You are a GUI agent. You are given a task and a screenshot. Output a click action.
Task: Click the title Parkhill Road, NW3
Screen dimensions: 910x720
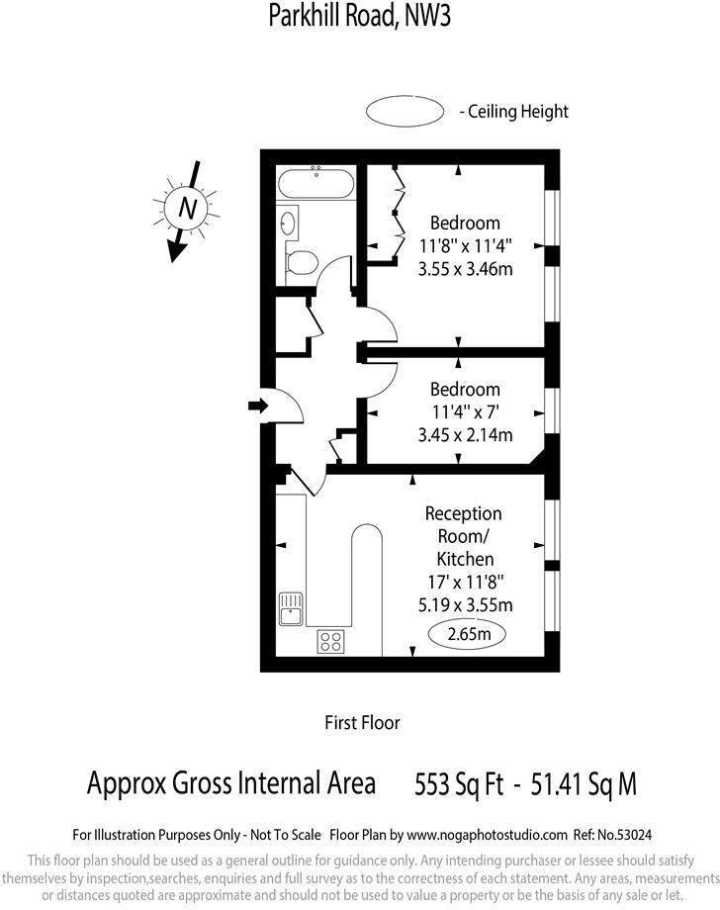360,17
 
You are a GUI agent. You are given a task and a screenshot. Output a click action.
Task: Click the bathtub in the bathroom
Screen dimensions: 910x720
315,184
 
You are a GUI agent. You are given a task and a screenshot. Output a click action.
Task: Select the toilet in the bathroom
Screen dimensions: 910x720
301,263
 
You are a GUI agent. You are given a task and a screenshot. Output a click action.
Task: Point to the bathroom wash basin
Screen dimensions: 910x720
288,224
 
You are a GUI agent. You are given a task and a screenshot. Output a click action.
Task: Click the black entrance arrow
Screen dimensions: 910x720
258,406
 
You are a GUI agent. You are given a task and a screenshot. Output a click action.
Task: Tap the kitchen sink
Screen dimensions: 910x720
291,608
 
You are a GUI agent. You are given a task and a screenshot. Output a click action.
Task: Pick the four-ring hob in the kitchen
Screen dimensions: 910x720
330,641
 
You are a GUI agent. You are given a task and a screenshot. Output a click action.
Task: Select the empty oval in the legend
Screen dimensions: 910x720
405,112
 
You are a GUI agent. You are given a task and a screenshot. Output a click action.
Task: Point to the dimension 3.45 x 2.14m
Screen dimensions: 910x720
458,433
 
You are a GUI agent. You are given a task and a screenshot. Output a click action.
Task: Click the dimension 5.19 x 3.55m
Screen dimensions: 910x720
464,604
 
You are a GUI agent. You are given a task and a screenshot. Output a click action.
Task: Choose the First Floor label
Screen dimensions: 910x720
362,723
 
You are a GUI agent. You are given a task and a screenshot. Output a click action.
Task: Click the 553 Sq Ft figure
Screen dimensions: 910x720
461,784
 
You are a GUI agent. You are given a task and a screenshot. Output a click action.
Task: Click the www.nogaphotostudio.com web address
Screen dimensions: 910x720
487,835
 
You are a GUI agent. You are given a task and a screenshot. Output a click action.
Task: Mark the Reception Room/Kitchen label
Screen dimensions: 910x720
464,536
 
